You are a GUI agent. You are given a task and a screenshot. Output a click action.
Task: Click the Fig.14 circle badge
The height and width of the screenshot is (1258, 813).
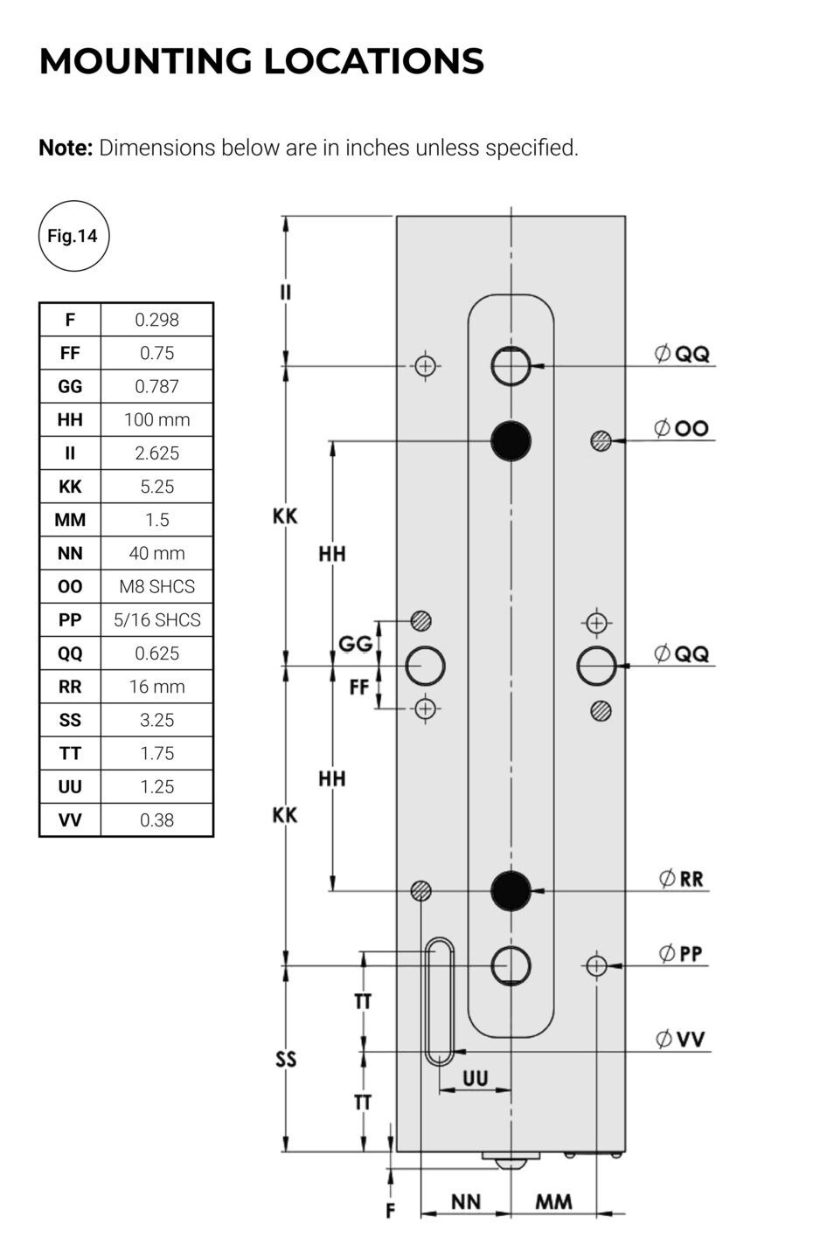tap(73, 236)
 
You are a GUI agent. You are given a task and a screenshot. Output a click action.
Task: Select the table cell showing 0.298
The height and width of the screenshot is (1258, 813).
tap(157, 320)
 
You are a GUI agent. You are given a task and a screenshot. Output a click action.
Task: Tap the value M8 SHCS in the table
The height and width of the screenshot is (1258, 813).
tap(157, 586)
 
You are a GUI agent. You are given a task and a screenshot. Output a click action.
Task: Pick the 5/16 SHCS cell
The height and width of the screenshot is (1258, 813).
tap(157, 619)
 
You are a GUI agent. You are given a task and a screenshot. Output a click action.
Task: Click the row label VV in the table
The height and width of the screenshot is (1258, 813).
tap(70, 819)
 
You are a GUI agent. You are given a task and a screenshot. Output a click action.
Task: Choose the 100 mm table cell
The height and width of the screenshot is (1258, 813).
tap(157, 419)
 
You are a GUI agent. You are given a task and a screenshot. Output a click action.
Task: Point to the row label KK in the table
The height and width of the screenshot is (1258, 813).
tap(70, 487)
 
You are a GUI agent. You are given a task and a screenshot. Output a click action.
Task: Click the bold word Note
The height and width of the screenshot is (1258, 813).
tap(66, 148)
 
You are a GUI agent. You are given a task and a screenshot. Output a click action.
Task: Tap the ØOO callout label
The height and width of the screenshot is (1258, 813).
tap(682, 428)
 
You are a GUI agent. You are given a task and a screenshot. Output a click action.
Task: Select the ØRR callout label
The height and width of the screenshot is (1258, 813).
tap(682, 879)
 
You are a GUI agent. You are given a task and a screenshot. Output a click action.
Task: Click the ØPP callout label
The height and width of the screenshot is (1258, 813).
tap(682, 953)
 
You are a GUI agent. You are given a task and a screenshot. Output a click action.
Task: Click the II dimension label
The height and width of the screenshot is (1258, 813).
tap(285, 292)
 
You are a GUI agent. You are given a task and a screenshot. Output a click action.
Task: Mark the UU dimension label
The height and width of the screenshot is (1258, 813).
tap(475, 1078)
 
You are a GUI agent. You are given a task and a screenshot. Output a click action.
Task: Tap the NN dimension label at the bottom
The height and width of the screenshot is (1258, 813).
tap(466, 1202)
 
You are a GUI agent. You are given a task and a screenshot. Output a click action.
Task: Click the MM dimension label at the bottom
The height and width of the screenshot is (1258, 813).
tap(553, 1202)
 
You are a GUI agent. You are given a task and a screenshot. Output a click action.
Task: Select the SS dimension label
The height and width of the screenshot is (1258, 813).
tap(286, 1060)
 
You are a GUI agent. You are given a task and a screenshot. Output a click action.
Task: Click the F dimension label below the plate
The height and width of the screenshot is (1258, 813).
tap(391, 1210)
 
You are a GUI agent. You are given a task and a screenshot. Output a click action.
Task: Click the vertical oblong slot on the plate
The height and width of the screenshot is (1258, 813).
tap(439, 1002)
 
